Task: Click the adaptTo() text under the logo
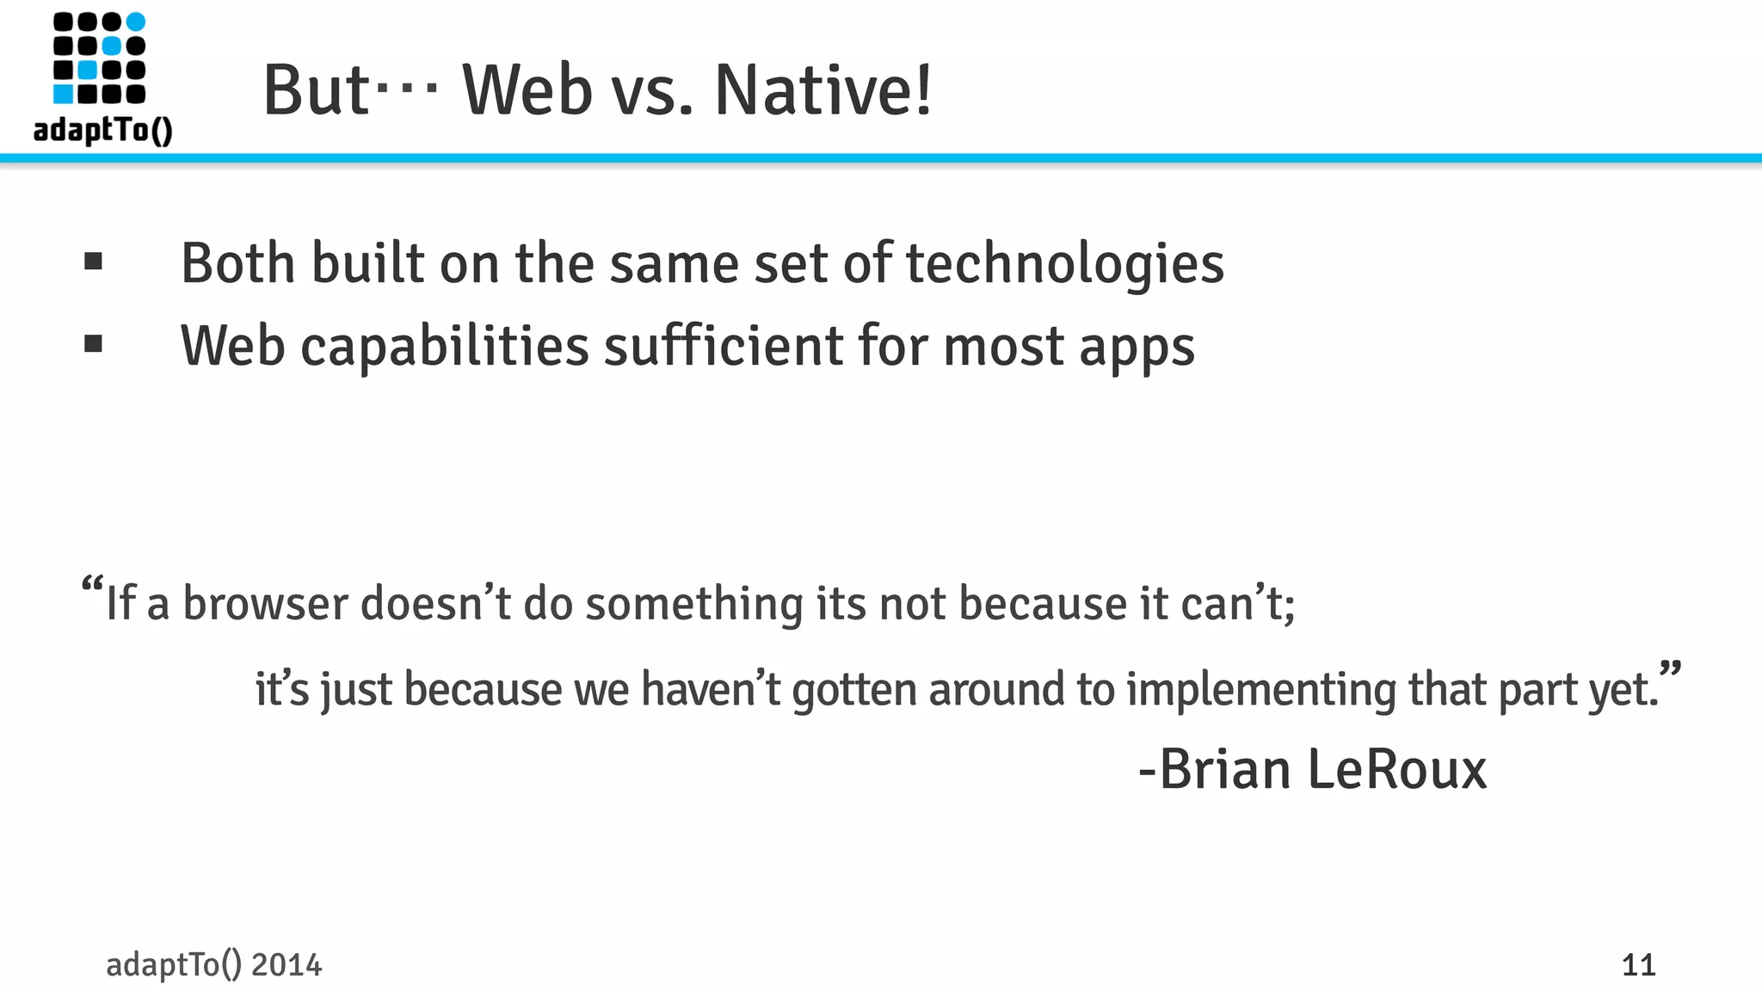103,130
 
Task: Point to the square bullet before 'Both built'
94,262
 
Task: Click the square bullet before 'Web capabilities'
94,344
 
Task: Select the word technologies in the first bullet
1064,263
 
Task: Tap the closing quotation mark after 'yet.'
1670,669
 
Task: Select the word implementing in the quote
1260,689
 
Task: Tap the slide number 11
1638,965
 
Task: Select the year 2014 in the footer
286,965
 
